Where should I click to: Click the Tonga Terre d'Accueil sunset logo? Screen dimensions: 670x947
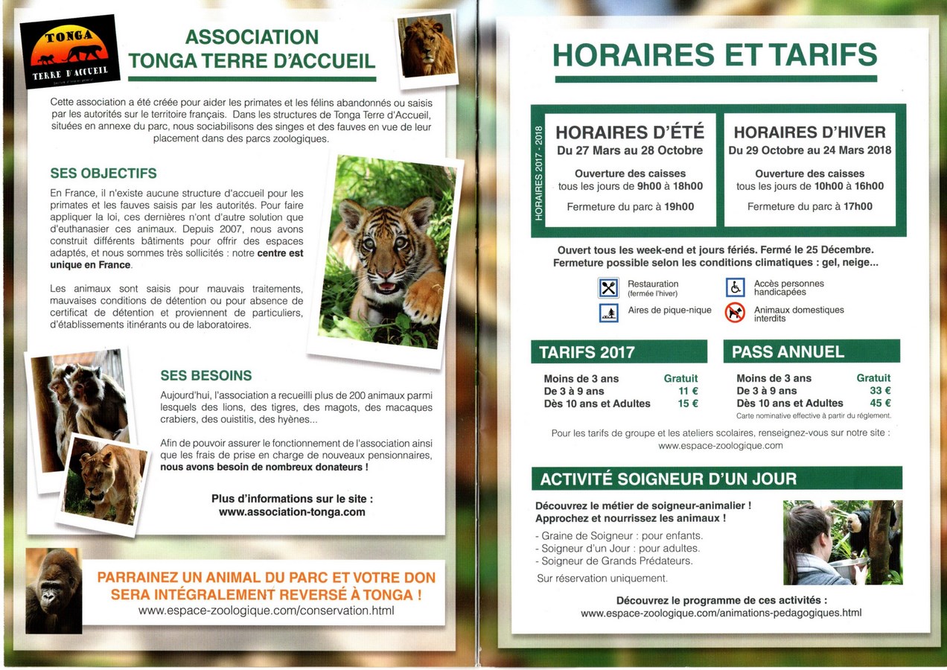[x=69, y=51]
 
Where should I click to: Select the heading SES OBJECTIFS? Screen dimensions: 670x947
[x=103, y=173]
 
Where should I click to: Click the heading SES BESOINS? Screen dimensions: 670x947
[x=206, y=376]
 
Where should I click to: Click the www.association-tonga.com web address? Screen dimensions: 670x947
[x=292, y=512]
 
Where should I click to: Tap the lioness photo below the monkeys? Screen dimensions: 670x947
[x=103, y=484]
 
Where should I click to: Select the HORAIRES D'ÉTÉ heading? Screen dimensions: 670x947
[x=629, y=133]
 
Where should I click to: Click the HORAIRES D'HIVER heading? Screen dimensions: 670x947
[x=809, y=133]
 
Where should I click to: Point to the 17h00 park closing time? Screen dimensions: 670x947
[x=858, y=206]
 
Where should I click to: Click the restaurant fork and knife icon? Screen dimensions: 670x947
[x=608, y=287]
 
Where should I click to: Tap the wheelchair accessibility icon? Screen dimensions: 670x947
[x=735, y=287]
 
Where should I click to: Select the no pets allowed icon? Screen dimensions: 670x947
[x=735, y=313]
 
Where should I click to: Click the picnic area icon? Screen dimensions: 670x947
[x=608, y=313]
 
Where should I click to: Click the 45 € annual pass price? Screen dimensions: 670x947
[x=880, y=403]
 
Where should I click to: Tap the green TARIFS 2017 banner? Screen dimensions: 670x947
[x=619, y=351]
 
